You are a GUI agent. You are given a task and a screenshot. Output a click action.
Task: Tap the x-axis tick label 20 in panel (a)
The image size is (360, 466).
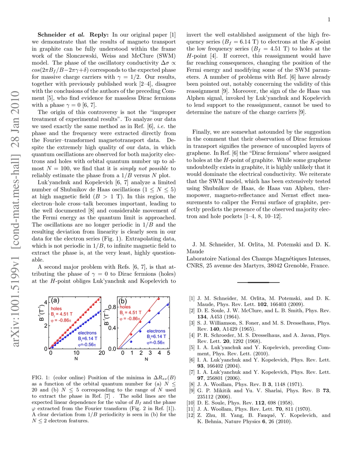pyautogui.click(x=102, y=353)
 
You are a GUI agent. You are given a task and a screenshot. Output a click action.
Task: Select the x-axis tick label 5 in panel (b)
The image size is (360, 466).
pyautogui.click(x=168, y=353)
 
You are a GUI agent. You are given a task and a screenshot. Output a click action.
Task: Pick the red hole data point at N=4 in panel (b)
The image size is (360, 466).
pyautogui.click(x=159, y=299)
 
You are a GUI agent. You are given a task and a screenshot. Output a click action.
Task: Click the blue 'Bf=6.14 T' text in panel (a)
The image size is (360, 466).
pyautogui.click(x=87, y=337)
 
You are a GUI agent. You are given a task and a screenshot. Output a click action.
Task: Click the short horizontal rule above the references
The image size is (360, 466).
pyautogui.click(x=258, y=282)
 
